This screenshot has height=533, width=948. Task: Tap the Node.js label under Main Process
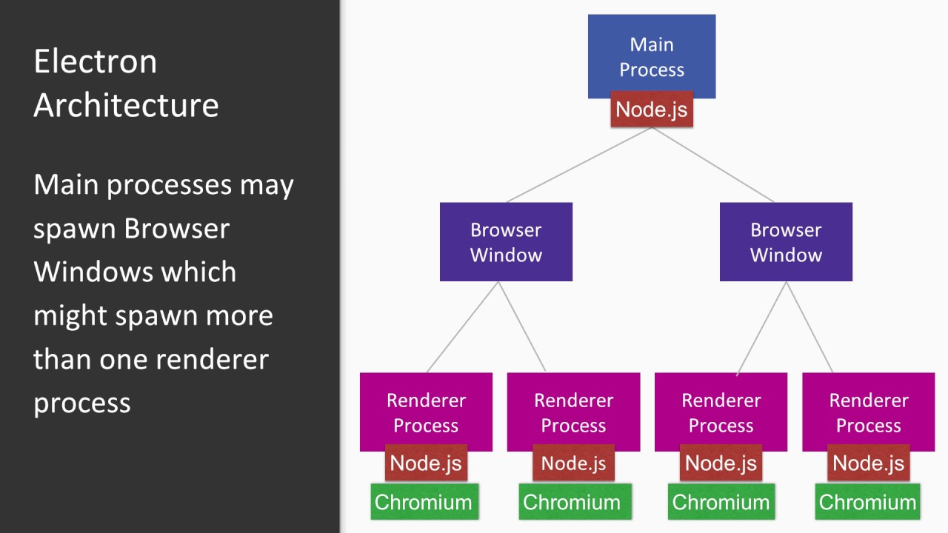(x=652, y=110)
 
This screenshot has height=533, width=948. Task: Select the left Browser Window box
(x=506, y=242)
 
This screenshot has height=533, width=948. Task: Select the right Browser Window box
(x=786, y=242)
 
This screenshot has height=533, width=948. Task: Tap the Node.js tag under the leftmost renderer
(x=426, y=464)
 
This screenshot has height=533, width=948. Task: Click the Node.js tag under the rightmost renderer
(x=868, y=464)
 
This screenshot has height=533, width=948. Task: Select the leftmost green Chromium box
(x=424, y=502)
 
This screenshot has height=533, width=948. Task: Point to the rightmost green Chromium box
(x=867, y=502)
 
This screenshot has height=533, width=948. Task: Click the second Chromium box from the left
(x=572, y=502)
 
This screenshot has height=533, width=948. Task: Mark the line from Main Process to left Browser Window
(x=579, y=164)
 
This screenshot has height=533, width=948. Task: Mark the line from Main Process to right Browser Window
(x=712, y=164)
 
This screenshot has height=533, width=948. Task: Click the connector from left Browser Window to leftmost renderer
(x=463, y=326)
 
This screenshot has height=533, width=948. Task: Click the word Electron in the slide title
(x=96, y=61)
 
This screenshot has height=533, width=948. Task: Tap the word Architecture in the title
(x=126, y=105)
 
